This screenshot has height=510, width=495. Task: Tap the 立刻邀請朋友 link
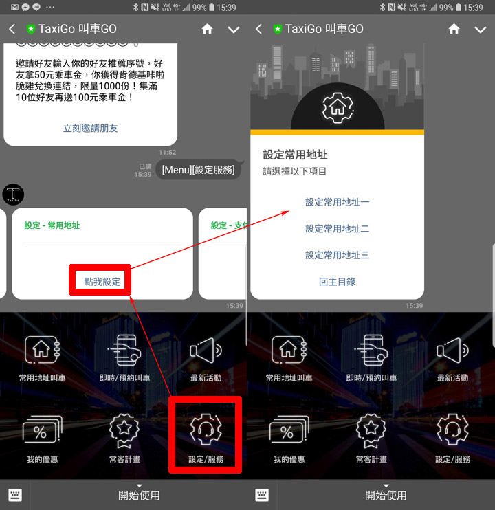(91, 128)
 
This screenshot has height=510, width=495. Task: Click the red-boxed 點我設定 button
(102, 282)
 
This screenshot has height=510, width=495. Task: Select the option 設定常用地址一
(338, 202)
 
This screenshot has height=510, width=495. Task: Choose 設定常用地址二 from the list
(338, 228)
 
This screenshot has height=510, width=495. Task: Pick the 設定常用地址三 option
(338, 255)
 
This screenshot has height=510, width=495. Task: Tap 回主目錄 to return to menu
(338, 281)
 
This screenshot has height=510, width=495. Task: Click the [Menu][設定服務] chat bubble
(198, 170)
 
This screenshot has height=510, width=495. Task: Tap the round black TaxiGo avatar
(14, 195)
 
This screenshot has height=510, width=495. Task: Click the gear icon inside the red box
(206, 430)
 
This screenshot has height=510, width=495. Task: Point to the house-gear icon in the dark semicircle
(337, 108)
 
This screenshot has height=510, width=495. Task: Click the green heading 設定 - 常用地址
(52, 225)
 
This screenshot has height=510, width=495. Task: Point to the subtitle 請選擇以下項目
(295, 172)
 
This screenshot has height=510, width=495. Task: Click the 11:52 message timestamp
(167, 153)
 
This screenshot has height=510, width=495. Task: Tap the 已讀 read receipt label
(144, 166)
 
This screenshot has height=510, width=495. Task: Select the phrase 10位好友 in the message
(36, 98)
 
